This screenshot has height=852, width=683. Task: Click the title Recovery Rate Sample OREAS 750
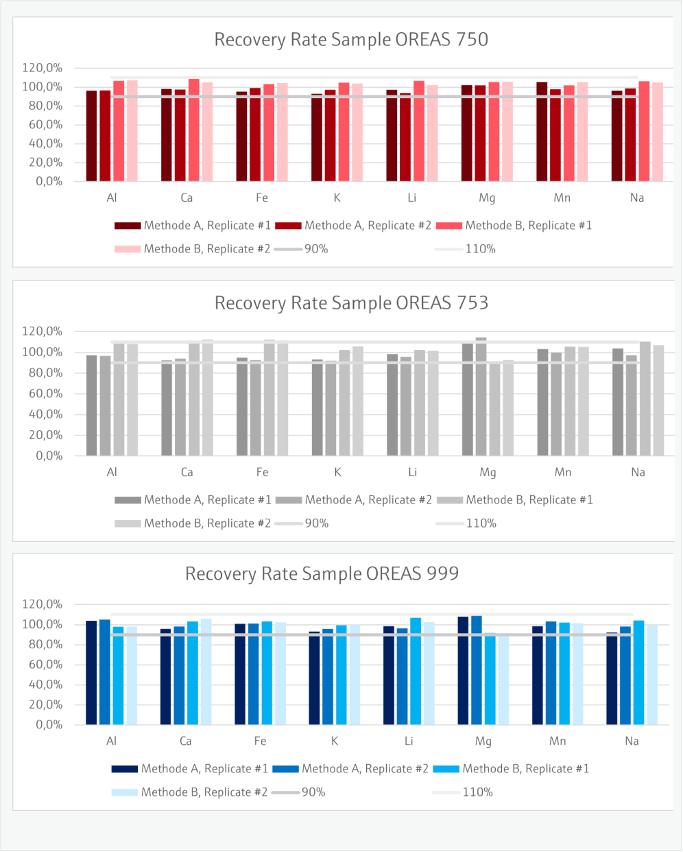click(351, 40)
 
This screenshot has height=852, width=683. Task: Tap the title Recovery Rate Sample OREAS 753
click(351, 303)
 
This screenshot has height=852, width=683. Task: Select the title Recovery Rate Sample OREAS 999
click(322, 573)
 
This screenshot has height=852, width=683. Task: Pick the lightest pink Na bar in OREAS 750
click(658, 132)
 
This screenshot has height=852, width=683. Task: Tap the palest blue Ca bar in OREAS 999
click(206, 672)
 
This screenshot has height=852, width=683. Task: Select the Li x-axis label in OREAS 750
click(411, 198)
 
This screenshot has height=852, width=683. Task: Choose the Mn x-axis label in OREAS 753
click(563, 472)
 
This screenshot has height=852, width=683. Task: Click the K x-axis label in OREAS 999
click(335, 741)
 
